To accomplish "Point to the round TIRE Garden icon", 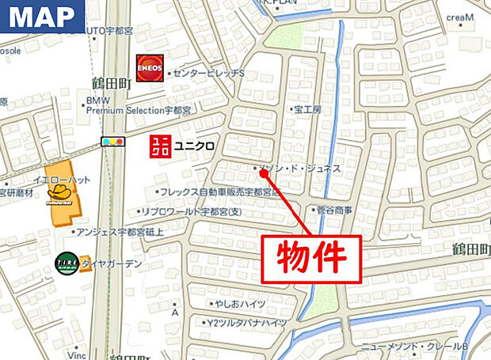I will tap(66, 263).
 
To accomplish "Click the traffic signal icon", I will tap(113, 142).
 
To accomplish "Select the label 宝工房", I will tap(306, 109).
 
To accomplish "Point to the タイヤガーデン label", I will tap(111, 264).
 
